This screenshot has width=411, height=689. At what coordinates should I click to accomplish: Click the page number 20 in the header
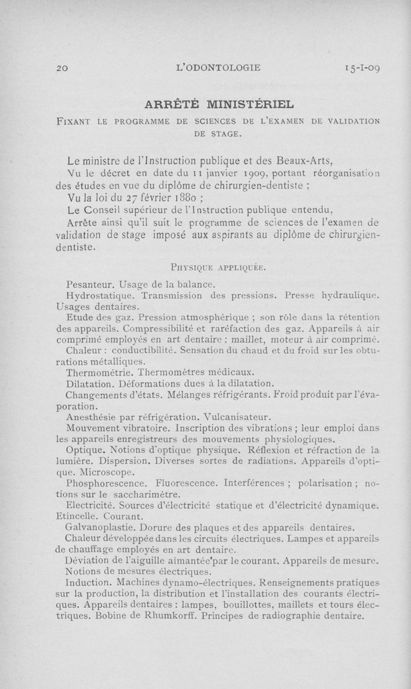[x=62, y=67]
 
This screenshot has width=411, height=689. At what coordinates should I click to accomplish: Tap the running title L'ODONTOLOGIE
[x=218, y=67]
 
